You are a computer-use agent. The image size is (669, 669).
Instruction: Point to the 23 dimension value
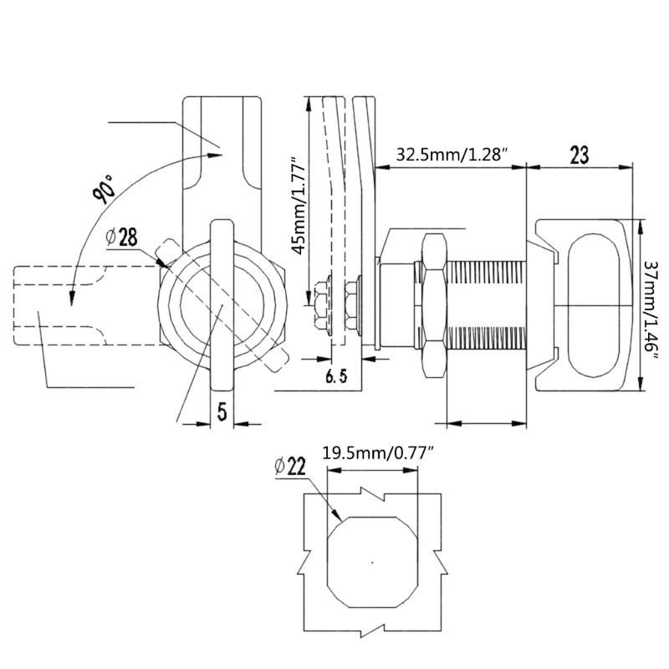(580, 155)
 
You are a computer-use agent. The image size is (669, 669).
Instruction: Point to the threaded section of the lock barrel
(486, 307)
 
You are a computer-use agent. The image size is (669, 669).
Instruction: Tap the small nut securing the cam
(321, 306)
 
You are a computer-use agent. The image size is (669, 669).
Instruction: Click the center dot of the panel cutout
(373, 561)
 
